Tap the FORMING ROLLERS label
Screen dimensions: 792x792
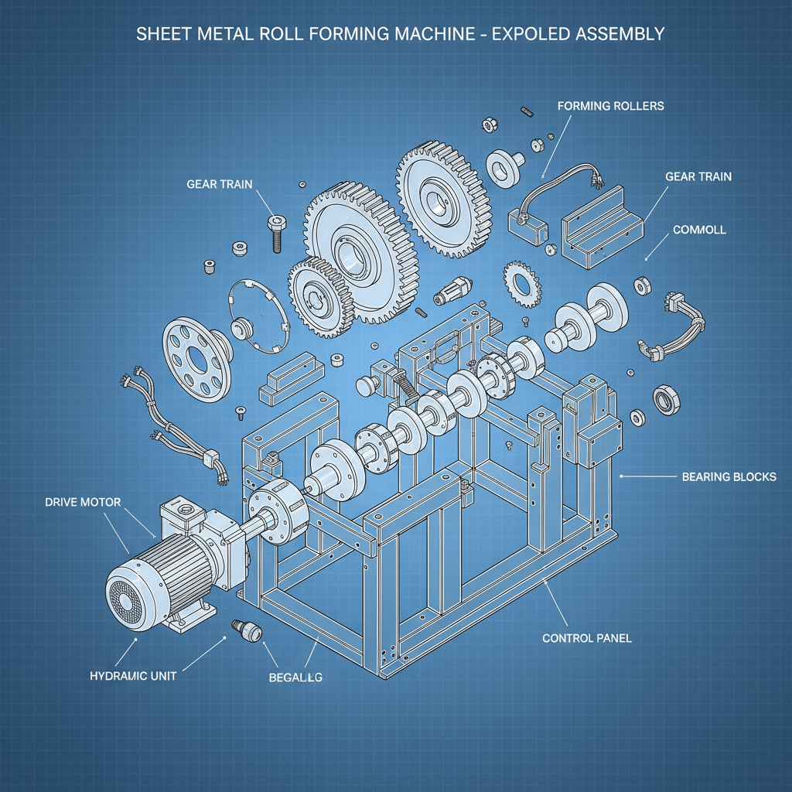click(610, 105)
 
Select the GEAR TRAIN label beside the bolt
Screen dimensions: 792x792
click(220, 184)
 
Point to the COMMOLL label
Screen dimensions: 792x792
click(699, 230)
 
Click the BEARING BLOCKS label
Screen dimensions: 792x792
click(729, 476)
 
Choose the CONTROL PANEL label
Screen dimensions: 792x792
click(587, 638)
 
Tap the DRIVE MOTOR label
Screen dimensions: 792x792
click(84, 502)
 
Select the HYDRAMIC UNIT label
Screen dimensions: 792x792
click(133, 675)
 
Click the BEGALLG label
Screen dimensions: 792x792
click(295, 678)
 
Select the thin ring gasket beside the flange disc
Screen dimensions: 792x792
click(260, 317)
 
